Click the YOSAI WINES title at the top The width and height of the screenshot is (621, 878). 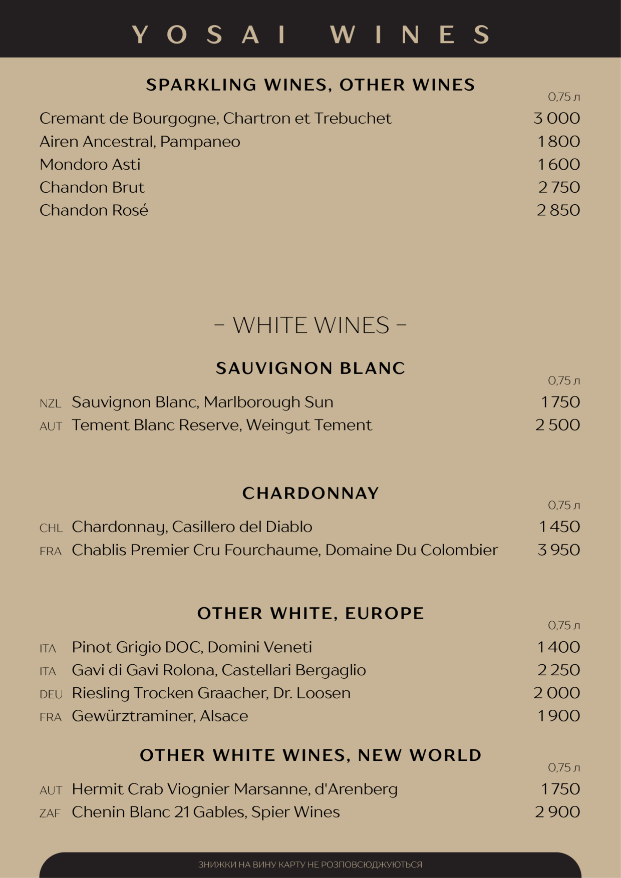coord(310,35)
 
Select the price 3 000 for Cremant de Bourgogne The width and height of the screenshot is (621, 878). coord(556,119)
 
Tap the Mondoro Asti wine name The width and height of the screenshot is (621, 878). coord(90,165)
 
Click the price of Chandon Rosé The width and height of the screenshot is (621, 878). coord(558,210)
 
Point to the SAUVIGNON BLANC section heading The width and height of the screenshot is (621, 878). coord(310,368)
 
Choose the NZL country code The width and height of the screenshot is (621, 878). coord(50,403)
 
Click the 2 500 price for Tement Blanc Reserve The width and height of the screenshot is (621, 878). coord(557,425)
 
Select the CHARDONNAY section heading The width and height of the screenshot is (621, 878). coord(310,494)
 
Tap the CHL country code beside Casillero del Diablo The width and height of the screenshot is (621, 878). coord(51,528)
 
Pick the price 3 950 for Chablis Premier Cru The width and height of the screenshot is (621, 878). coord(558,550)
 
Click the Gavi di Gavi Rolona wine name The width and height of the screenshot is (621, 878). coord(219,670)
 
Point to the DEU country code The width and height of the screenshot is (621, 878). coord(51,694)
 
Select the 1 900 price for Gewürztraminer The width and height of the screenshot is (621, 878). coord(558,716)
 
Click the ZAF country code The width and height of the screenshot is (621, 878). coord(50,813)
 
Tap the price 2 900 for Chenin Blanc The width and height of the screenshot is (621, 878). coord(557,812)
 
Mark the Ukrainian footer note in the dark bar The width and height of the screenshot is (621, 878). coord(310,864)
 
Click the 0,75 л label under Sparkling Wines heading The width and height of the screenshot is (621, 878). coord(564,97)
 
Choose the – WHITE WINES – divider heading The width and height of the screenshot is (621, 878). coord(310,325)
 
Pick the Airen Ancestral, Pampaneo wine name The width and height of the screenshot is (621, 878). coord(140,142)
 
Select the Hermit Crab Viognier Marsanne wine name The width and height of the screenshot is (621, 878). coord(234,789)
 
